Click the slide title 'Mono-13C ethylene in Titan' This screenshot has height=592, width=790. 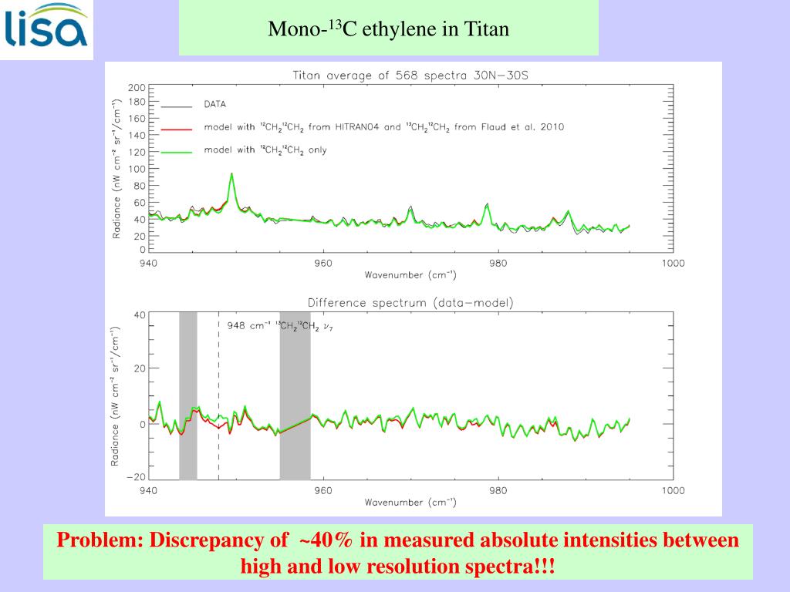pyautogui.click(x=388, y=29)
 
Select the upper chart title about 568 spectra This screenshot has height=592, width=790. pyautogui.click(x=410, y=76)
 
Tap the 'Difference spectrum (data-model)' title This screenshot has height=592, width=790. pyautogui.click(x=410, y=303)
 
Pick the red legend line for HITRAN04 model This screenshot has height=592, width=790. pyautogui.click(x=176, y=128)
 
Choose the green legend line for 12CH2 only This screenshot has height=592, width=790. pyautogui.click(x=176, y=151)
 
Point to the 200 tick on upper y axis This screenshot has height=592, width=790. pyautogui.click(x=136, y=86)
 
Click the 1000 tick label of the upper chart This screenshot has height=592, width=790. pyautogui.click(x=672, y=263)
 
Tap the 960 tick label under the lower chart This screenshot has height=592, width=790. pyautogui.click(x=323, y=490)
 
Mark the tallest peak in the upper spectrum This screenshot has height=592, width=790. pyautogui.click(x=231, y=174)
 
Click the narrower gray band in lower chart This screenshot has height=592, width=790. pyautogui.click(x=188, y=395)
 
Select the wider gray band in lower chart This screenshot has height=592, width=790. pyautogui.click(x=295, y=395)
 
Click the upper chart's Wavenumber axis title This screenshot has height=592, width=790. pyautogui.click(x=410, y=275)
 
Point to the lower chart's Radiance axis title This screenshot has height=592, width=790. pyautogui.click(x=115, y=395)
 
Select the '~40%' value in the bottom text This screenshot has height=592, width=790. pyautogui.click(x=327, y=540)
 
